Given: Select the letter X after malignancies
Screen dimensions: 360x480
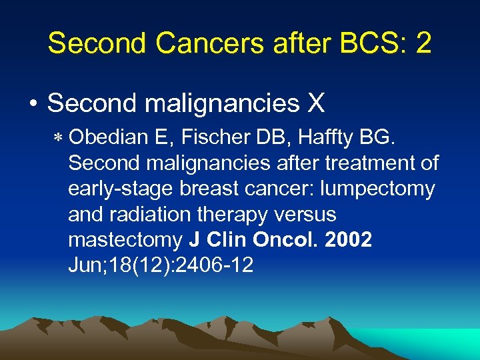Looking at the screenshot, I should pyautogui.click(x=315, y=103).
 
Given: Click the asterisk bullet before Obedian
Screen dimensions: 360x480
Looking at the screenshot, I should pyautogui.click(x=58, y=138).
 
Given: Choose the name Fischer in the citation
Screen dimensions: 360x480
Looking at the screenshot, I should pyautogui.click(x=216, y=137).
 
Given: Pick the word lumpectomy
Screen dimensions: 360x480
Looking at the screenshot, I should pyautogui.click(x=377, y=189).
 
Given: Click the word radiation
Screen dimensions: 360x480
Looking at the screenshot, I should pyautogui.click(x=154, y=214).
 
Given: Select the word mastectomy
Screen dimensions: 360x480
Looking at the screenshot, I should pyautogui.click(x=124, y=240).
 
